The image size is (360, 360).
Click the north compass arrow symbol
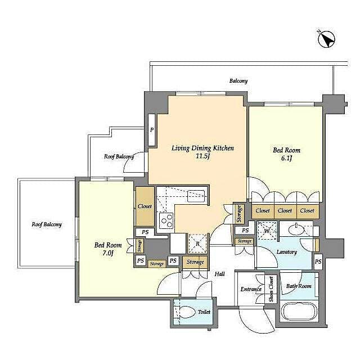click(327, 39)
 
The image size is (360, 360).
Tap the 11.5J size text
click(202, 157)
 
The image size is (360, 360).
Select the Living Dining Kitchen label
click(202, 148)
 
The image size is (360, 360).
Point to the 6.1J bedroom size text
click(286, 159)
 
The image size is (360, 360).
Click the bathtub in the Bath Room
click(298, 312)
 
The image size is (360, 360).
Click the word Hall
click(219, 274)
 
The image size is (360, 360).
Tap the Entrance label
click(251, 290)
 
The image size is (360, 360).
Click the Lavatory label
click(287, 251)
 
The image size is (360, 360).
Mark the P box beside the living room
click(151, 129)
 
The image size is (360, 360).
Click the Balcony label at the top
click(238, 81)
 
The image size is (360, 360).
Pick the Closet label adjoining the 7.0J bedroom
click(145, 206)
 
